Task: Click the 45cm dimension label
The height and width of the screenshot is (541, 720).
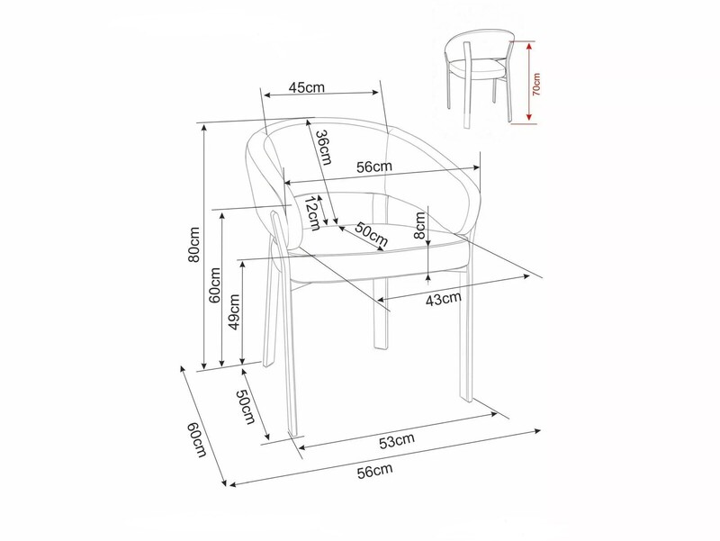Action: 306,86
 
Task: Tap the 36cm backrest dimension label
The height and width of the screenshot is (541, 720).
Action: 323,147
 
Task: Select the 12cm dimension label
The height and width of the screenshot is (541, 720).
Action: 312,213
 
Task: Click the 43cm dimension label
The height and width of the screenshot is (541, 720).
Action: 443,299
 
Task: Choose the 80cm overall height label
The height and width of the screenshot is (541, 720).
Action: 194,244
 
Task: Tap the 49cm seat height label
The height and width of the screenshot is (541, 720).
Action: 234,312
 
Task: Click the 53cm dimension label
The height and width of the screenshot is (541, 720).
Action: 397,440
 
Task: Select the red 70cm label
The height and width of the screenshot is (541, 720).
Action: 536,84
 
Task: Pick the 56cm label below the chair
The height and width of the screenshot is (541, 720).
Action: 375,471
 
